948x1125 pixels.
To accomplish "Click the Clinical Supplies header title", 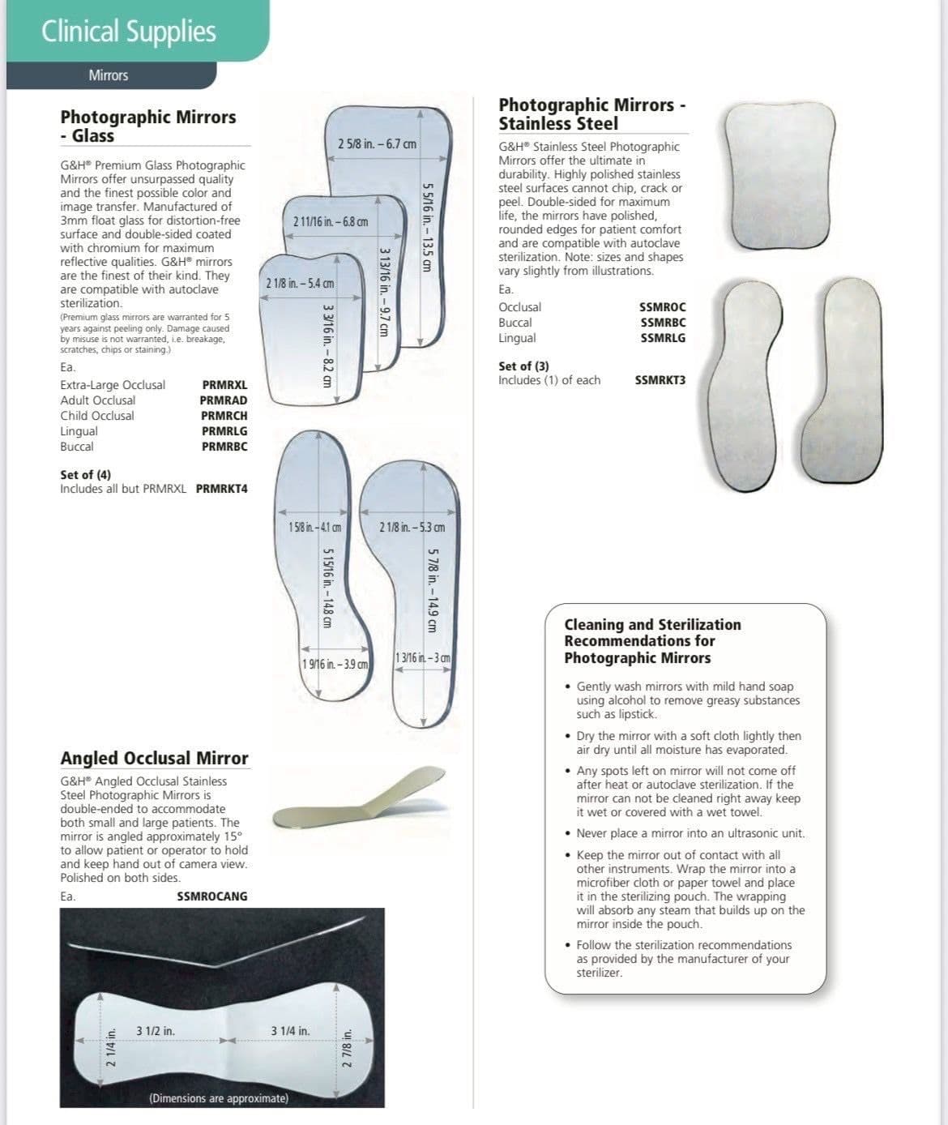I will point(129,32).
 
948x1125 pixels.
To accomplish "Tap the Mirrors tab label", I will point(109,75).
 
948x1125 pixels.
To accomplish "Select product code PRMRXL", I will point(224,385).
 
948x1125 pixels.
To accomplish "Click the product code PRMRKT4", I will point(222,489).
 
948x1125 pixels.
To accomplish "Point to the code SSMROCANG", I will point(212,896).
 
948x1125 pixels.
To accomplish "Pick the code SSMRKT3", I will point(660,379).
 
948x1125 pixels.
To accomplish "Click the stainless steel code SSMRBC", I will point(662,323).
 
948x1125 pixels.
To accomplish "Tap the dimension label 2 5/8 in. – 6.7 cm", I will point(378,144).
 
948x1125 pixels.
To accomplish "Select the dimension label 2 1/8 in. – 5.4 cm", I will point(300,284).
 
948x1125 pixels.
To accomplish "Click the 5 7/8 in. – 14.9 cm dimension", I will point(432,590).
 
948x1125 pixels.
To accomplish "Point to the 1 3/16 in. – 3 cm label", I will point(422,657).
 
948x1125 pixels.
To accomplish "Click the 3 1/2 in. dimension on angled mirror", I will point(156,1031).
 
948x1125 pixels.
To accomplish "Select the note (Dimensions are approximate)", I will point(219,1098).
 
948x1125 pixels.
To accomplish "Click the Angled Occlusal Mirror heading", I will point(154,758).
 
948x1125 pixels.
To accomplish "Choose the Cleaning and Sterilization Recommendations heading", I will point(652,641).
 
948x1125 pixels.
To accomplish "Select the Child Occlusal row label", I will point(97,416).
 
